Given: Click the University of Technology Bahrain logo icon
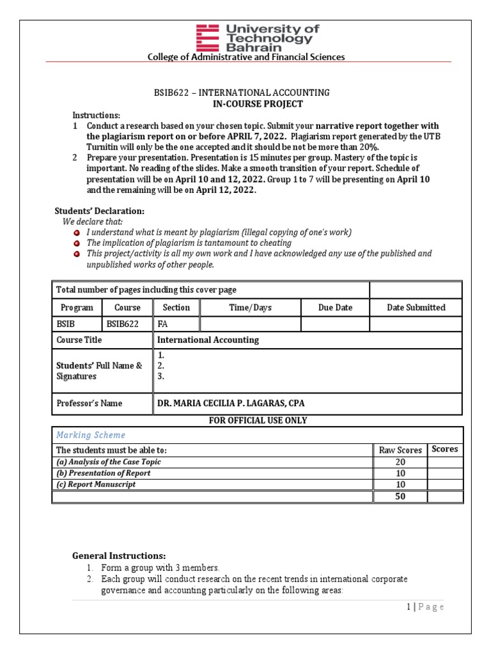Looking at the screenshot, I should click(x=208, y=38).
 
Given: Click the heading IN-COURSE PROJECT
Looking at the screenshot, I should click(x=258, y=103).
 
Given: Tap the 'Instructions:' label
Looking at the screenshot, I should click(x=96, y=115).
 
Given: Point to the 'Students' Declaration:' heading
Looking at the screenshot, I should click(x=98, y=211).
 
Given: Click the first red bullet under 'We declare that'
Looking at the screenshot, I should click(x=77, y=232).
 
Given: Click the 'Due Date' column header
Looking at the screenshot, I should click(x=335, y=307).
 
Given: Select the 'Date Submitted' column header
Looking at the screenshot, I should click(x=416, y=307).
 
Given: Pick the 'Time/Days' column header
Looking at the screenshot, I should click(x=251, y=307).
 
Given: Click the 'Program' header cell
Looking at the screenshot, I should click(x=76, y=307).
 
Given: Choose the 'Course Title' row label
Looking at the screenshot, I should click(x=79, y=340).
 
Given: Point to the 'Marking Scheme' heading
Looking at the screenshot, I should click(x=91, y=435).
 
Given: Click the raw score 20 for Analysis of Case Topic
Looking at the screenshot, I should click(x=400, y=462).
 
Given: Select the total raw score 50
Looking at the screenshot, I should click(x=400, y=496).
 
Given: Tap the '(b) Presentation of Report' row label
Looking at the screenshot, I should click(x=104, y=473).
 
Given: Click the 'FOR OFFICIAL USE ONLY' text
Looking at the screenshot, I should click(x=258, y=420).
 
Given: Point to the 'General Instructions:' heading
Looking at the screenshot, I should click(x=119, y=556).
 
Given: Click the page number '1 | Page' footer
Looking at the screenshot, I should click(x=425, y=607).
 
